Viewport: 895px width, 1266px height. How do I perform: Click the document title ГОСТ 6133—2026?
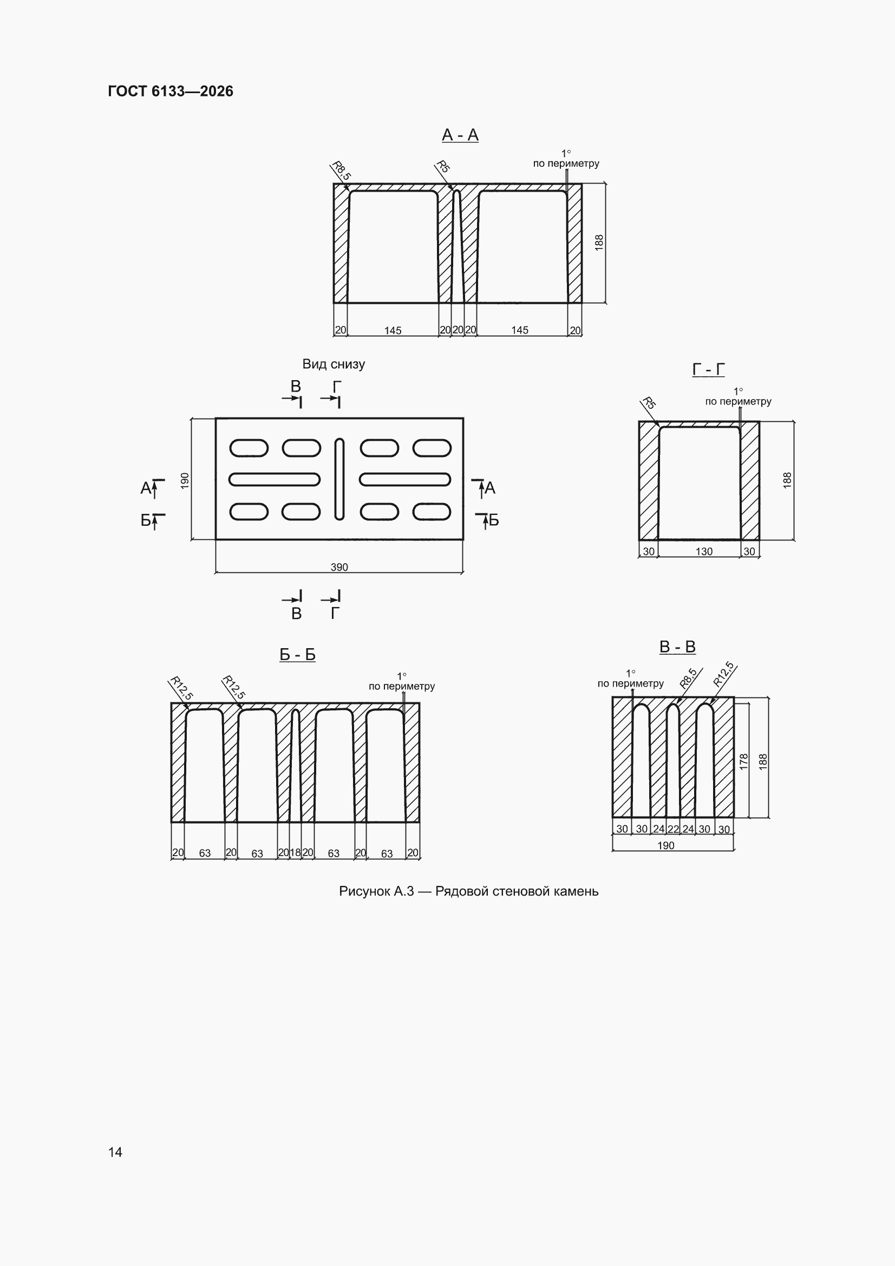171,91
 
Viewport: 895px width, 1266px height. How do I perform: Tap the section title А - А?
460,134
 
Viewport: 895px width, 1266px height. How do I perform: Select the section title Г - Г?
708,369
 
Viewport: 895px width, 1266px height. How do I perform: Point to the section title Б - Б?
297,655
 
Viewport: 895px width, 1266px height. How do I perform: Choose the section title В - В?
677,647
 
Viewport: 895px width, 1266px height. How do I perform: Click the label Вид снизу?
334,364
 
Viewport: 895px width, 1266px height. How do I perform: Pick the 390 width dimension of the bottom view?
339,567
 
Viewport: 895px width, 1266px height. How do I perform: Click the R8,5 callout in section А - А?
341,171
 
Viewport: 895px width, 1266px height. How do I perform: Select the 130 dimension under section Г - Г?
704,551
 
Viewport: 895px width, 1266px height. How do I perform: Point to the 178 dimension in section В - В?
743,761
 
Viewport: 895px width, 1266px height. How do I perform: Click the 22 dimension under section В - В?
673,828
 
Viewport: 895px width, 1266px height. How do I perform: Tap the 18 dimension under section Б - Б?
295,852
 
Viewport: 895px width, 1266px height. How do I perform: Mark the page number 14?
115,1152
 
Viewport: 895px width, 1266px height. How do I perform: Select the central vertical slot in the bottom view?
339,479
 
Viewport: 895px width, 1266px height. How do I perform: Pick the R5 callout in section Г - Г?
649,402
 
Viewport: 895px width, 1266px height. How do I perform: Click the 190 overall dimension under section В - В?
665,845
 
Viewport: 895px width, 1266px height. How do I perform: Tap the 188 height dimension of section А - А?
599,243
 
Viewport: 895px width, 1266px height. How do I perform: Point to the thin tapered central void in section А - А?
457,246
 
